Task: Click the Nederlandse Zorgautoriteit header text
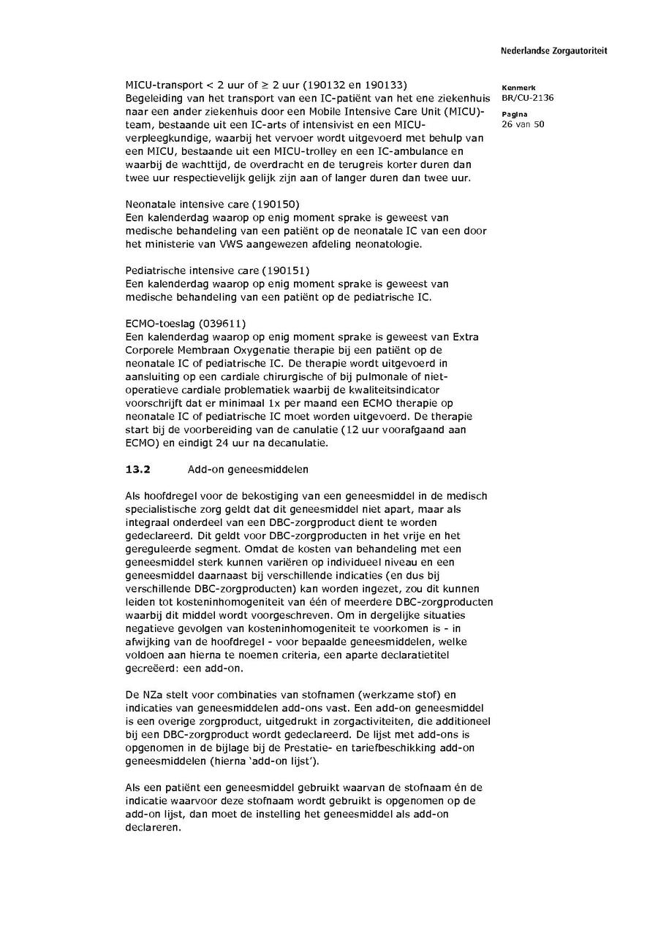coord(553,51)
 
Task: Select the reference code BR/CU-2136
coord(523,97)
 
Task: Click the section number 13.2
coord(137,470)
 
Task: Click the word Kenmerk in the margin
coord(519,88)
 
